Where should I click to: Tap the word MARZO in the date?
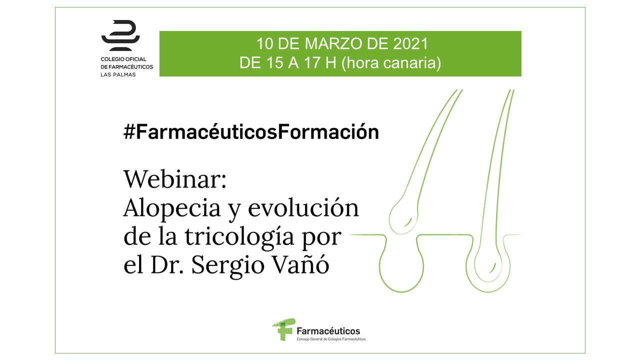pyautogui.click(x=333, y=43)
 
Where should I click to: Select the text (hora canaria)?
pyautogui.click(x=391, y=63)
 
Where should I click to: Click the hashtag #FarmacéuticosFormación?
pyautogui.click(x=251, y=131)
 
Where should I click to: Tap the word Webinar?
pyautogui.click(x=175, y=179)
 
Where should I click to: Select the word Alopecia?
pyautogui.click(x=172, y=208)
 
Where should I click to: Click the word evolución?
pyautogui.click(x=303, y=207)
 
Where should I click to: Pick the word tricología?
pyautogui.click(x=239, y=237)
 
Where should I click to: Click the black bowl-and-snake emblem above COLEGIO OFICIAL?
pyautogui.click(x=120, y=35)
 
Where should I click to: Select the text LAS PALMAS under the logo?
pyautogui.click(x=118, y=74)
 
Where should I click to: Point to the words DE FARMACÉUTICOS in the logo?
pyautogui.click(x=127, y=67)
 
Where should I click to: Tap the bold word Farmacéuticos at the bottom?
pyautogui.click(x=328, y=331)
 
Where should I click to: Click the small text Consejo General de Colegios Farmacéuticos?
pyautogui.click(x=331, y=339)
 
